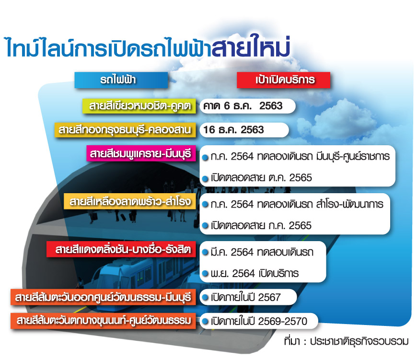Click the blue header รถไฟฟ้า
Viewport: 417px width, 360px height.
pyautogui.click(x=121, y=80)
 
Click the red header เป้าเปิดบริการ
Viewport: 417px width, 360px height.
pyautogui.click(x=283, y=80)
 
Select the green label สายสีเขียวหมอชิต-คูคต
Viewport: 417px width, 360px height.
pyautogui.click(x=139, y=106)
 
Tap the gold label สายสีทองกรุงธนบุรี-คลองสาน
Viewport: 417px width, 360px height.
pyautogui.click(x=125, y=130)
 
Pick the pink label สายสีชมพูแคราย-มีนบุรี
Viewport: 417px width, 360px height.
pyautogui.click(x=141, y=153)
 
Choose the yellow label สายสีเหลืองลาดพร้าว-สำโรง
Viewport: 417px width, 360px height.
pyautogui.click(x=130, y=201)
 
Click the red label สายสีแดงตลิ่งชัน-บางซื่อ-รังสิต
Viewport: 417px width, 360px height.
pyautogui.click(x=121, y=249)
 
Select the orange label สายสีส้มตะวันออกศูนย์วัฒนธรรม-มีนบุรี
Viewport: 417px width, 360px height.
pyautogui.click(x=103, y=297)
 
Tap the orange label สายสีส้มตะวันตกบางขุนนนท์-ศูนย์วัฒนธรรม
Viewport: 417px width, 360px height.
pyautogui.click(x=103, y=321)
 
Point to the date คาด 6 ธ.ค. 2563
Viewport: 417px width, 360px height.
pyautogui.click(x=243, y=106)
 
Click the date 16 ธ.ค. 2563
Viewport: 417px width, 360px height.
pyautogui.click(x=233, y=130)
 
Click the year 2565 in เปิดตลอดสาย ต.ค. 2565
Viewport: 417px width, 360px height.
pyautogui.click(x=301, y=178)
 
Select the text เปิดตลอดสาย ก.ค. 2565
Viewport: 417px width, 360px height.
pyautogui.click(x=261, y=225)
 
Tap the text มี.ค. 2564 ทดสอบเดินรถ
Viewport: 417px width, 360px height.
pyautogui.click(x=262, y=252)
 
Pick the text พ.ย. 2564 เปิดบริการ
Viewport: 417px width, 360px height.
pyautogui.click(x=255, y=273)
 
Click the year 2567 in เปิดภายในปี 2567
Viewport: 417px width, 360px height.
pyautogui.click(x=269, y=297)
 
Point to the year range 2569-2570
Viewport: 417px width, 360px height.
pyautogui.click(x=282, y=321)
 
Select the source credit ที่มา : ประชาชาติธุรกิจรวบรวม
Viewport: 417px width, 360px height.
pyautogui.click(x=346, y=341)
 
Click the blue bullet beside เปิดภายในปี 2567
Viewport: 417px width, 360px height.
pyautogui.click(x=205, y=297)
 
